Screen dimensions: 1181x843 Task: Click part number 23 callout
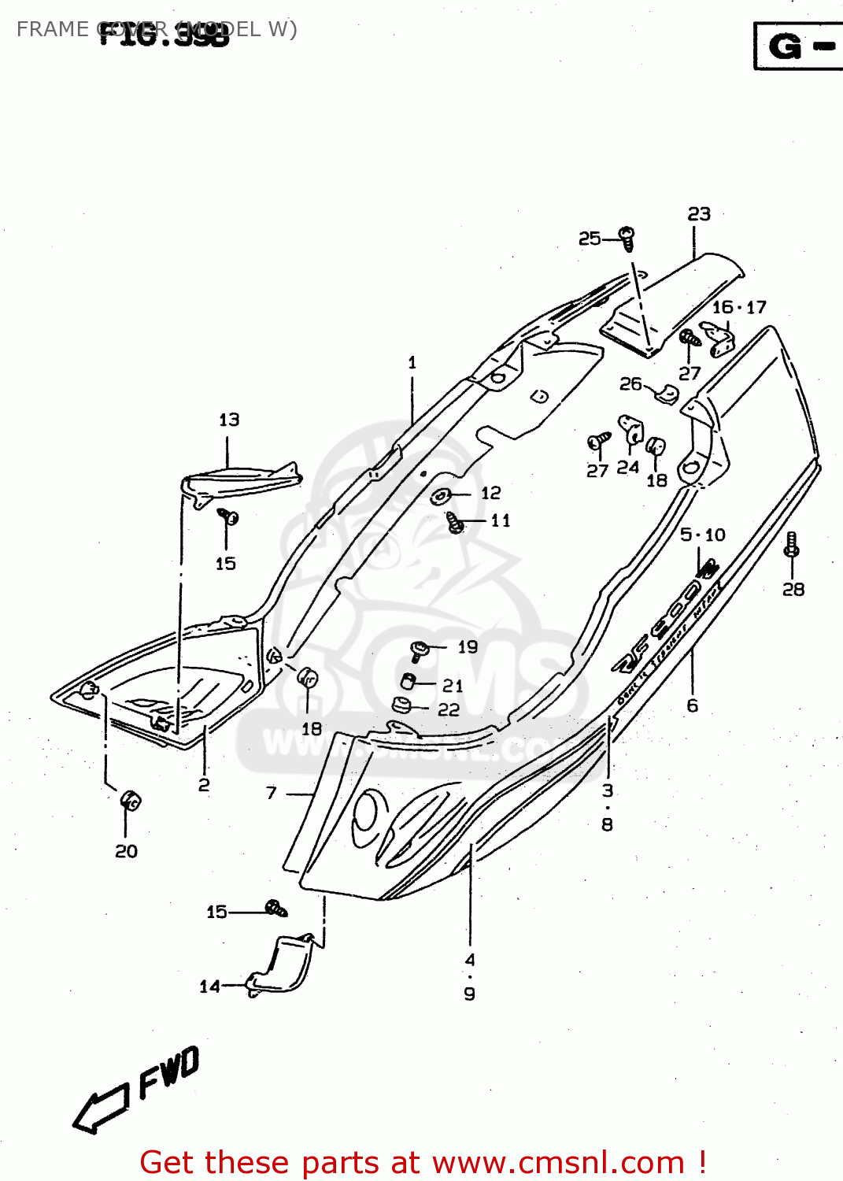(699, 214)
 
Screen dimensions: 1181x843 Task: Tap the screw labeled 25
(627, 238)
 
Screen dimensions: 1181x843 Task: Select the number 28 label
(793, 589)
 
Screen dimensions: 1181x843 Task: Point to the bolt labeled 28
(792, 544)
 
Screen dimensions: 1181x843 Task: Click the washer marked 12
(440, 496)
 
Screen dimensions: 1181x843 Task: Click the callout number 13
(229, 420)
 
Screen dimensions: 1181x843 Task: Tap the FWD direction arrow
(100, 1108)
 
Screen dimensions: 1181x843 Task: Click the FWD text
(169, 1072)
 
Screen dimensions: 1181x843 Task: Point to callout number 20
(126, 851)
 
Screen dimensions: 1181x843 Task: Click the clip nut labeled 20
(131, 801)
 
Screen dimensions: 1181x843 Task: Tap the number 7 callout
(272, 793)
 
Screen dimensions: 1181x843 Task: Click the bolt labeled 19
(419, 650)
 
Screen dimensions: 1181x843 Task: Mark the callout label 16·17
(739, 307)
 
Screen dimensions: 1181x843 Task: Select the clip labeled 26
(667, 394)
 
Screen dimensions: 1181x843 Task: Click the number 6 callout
(693, 705)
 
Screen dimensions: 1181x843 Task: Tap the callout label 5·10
(703, 535)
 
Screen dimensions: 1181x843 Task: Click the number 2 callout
(204, 784)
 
